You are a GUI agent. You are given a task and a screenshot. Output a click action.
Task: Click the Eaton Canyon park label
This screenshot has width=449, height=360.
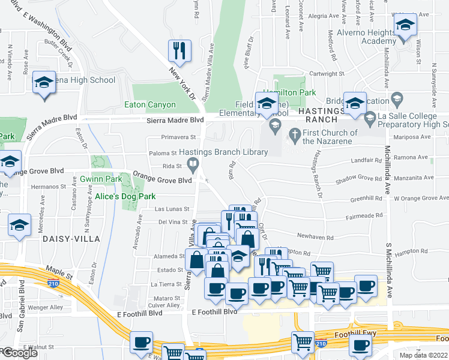coord(151,104)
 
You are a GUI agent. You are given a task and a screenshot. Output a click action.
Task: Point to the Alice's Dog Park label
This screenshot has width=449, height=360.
coord(125,196)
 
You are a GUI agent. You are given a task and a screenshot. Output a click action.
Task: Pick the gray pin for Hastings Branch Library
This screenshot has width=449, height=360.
coord(193,164)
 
